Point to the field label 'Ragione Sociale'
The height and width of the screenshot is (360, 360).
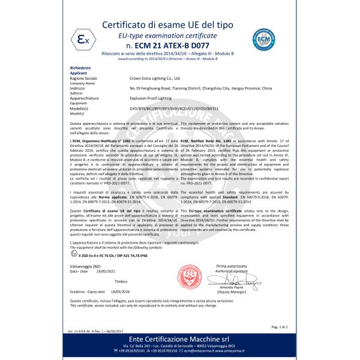pos(83,77)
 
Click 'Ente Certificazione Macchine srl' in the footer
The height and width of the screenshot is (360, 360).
pos(180,340)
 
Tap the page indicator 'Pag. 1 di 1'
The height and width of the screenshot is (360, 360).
pos(280,326)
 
